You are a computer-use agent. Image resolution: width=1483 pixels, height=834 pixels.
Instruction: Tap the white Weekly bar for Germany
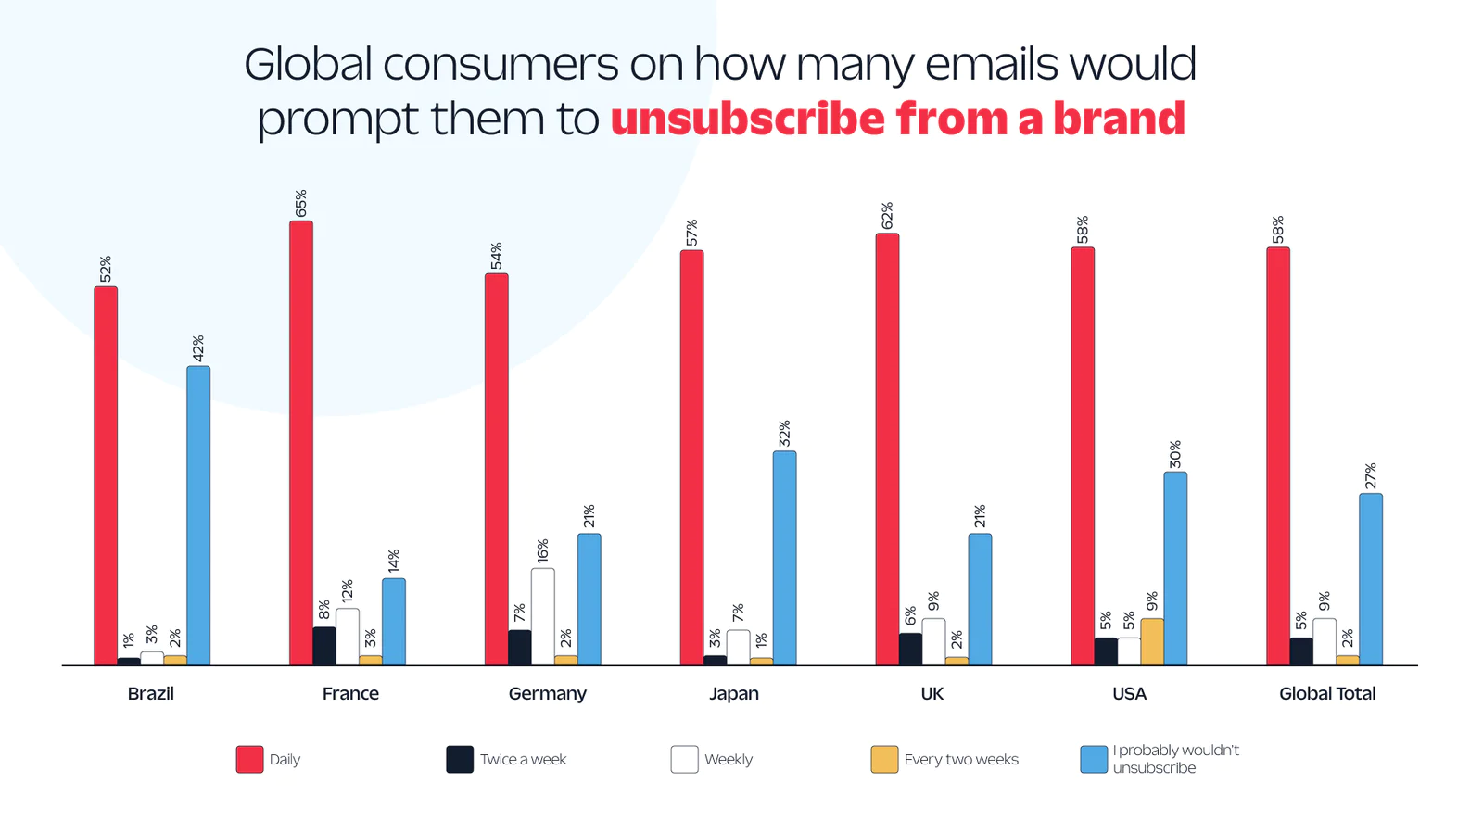coord(543,616)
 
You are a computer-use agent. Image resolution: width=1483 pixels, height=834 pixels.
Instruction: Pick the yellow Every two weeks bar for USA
coord(1152,641)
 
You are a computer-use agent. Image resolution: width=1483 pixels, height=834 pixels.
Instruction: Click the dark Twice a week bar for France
coord(324,646)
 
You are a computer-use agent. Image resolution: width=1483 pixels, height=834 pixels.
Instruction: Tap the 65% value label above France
coord(301,204)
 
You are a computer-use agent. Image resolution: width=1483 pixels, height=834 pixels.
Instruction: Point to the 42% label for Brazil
coord(198,348)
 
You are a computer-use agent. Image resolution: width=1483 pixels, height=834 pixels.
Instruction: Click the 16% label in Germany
coord(543,550)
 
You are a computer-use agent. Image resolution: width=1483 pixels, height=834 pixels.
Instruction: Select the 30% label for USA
coord(1175,454)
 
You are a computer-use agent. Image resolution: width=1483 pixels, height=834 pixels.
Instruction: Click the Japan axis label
coord(734,693)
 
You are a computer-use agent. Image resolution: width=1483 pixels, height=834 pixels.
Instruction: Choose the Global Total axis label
coord(1327,693)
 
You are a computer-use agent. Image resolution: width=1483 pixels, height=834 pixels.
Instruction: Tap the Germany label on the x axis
coord(547,693)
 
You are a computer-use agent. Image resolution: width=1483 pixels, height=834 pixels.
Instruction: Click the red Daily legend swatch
coord(249,759)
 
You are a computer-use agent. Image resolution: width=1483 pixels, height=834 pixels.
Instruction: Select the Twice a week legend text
coord(523,759)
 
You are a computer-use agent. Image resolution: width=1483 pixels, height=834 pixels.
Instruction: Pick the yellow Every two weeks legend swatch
coord(884,759)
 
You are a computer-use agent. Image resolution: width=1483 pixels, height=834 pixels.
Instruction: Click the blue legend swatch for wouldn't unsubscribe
coord(1094,759)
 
